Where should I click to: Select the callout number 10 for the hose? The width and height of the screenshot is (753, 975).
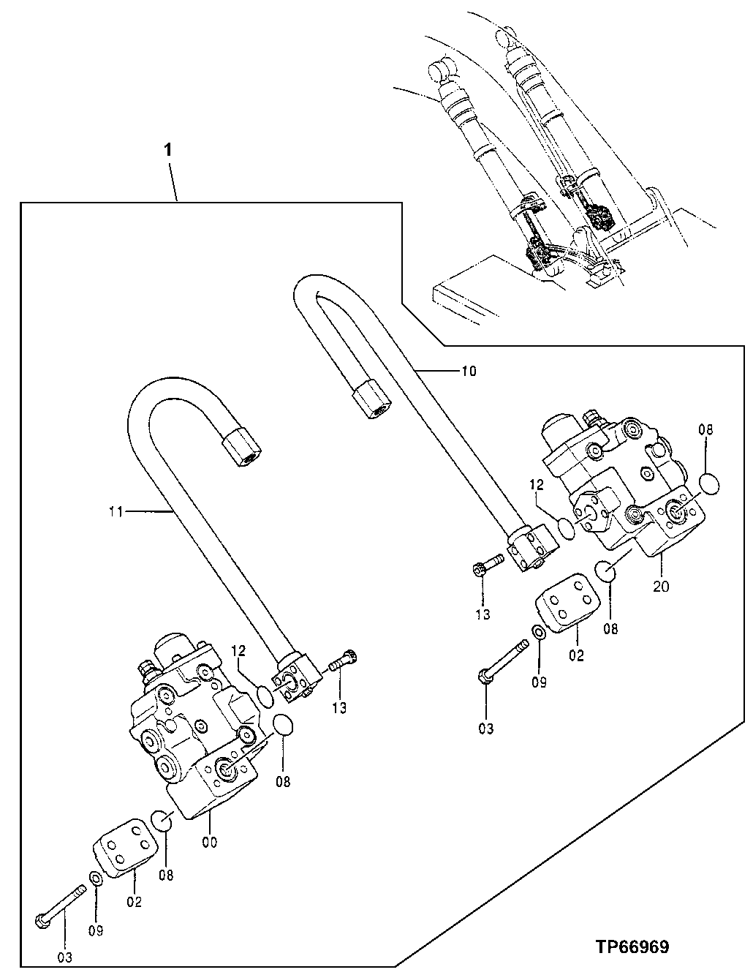click(x=468, y=371)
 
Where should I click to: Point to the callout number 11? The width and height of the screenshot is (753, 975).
click(x=116, y=513)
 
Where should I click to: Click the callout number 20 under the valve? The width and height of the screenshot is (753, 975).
click(x=661, y=585)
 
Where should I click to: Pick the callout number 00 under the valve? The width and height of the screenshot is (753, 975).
click(x=209, y=842)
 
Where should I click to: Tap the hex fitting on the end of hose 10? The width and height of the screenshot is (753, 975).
click(x=371, y=402)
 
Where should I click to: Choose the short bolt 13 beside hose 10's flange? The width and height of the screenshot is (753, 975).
click(x=484, y=566)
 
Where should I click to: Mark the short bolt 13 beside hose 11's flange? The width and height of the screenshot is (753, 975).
click(x=342, y=664)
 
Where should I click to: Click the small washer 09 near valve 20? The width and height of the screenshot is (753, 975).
click(x=537, y=633)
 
